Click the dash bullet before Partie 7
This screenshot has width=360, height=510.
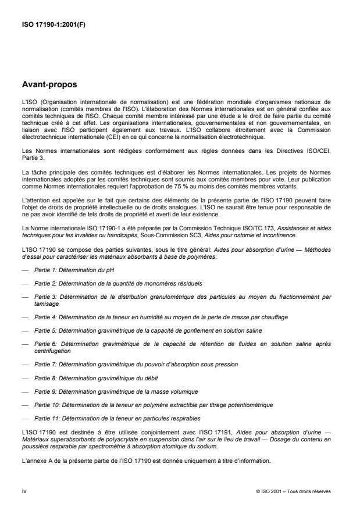24,363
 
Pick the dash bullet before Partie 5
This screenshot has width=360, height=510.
24,330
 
